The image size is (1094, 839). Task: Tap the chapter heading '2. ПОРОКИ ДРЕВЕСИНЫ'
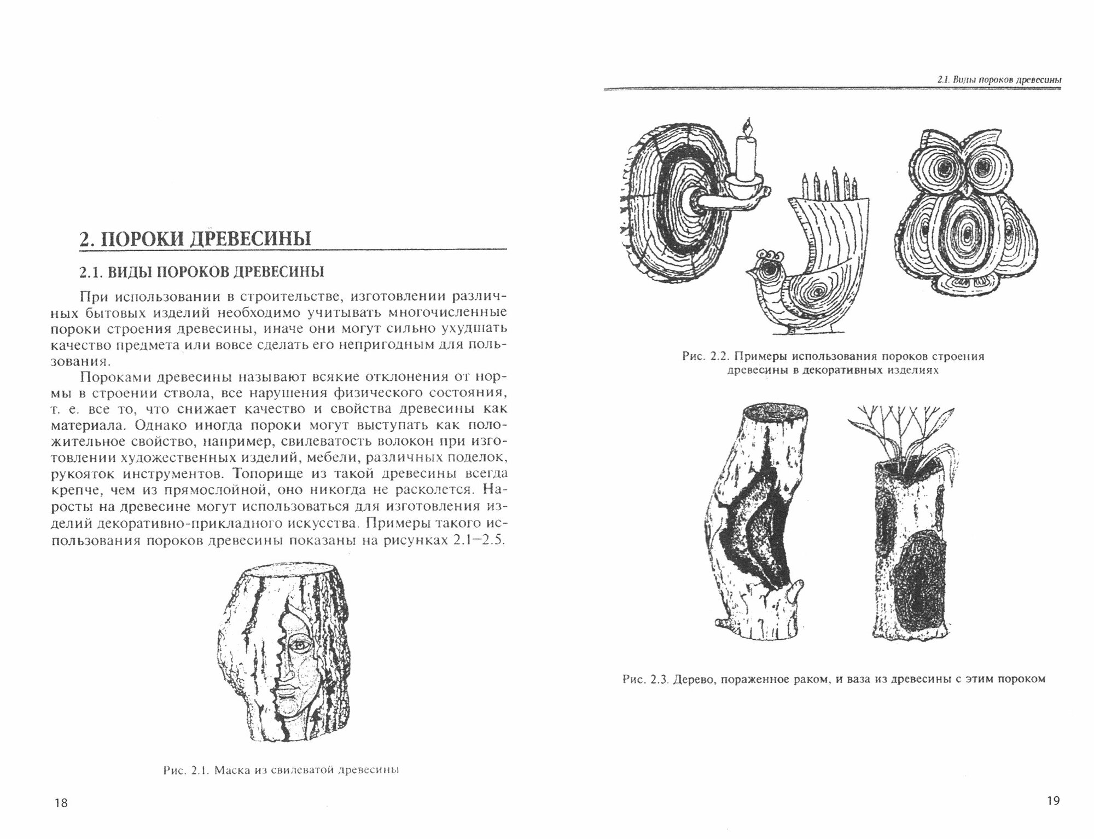click(x=195, y=239)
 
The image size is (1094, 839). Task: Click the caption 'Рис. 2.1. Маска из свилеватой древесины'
click(x=281, y=771)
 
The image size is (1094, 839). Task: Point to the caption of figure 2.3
click(x=834, y=679)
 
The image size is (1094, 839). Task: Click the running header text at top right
click(x=999, y=80)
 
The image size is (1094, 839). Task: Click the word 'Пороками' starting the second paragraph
click(x=115, y=378)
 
